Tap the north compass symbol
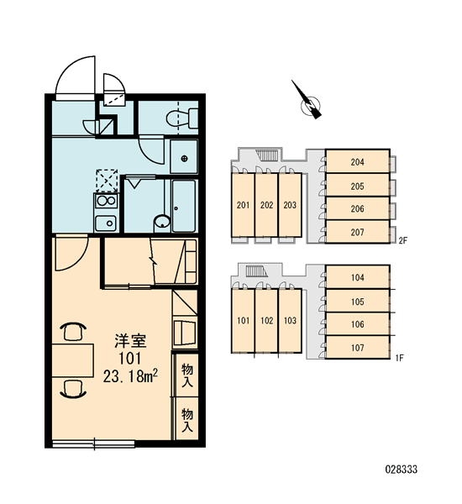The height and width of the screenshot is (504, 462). (308, 102)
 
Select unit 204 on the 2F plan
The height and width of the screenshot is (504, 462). (358, 161)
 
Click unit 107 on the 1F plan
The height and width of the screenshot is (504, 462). (358, 347)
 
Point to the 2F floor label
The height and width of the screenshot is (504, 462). (403, 240)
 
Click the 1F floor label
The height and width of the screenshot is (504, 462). (399, 358)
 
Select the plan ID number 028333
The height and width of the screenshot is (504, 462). (402, 470)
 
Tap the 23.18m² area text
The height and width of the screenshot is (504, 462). (130, 375)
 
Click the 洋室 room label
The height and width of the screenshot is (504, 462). (130, 341)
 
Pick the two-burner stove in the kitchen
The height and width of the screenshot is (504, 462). (107, 201)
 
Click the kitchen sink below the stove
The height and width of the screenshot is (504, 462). (106, 223)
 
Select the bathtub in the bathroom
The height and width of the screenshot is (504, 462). (184, 206)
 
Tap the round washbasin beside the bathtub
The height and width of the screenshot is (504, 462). (162, 222)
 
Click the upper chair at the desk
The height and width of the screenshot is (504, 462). (73, 332)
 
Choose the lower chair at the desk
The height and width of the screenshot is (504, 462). (73, 389)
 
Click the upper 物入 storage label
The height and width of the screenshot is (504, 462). (187, 375)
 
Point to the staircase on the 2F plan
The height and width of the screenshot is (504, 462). (267, 155)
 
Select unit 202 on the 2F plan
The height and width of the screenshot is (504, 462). (266, 205)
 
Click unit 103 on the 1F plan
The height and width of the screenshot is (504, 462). (290, 321)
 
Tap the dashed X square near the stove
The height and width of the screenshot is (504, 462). (107, 181)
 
